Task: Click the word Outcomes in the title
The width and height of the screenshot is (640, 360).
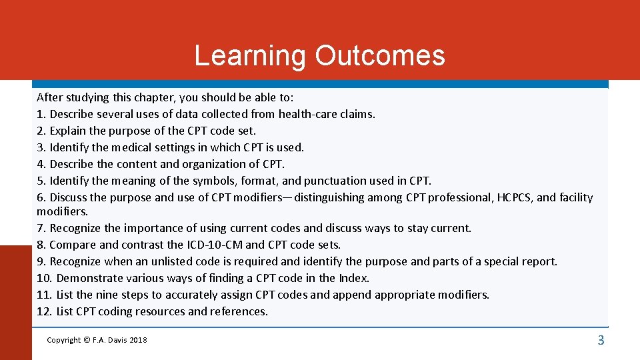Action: (380, 55)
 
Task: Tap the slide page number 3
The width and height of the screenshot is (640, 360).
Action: (601, 341)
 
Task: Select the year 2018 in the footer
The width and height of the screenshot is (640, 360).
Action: (138, 341)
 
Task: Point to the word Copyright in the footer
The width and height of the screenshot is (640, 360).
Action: (63, 341)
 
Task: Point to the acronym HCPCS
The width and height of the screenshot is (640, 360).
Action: (512, 197)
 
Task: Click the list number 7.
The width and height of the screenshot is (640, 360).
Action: (41, 228)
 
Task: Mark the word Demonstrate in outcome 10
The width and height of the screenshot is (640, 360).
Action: (91, 278)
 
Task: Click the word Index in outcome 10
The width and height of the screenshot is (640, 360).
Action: (353, 278)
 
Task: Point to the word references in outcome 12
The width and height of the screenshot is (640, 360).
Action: (239, 311)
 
